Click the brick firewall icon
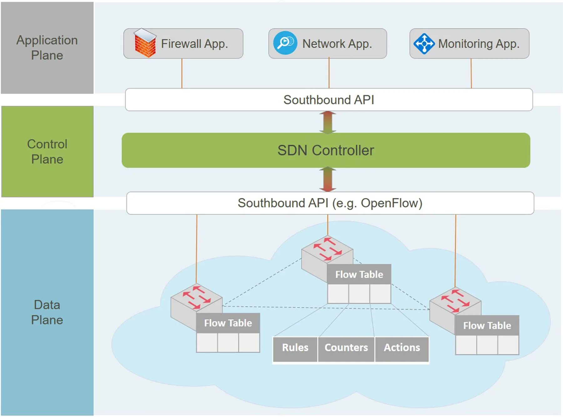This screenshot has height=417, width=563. click(x=145, y=43)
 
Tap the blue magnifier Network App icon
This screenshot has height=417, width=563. click(x=285, y=43)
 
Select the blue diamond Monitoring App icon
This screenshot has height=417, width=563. click(x=424, y=43)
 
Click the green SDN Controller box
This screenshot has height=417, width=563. click(x=326, y=150)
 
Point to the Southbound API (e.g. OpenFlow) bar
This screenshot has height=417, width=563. click(x=330, y=203)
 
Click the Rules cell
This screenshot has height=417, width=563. click(x=295, y=348)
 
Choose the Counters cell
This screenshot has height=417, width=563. click(x=346, y=348)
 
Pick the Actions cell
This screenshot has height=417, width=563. click(x=402, y=348)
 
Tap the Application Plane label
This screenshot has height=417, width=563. click(x=47, y=48)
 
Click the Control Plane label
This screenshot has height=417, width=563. click(x=47, y=152)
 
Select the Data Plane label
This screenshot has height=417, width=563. click(x=47, y=312)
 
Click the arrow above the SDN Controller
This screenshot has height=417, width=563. click(x=327, y=122)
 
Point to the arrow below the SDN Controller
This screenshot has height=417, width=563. click(x=327, y=180)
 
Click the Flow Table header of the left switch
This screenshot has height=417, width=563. click(x=228, y=323)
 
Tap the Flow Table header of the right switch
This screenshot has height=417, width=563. click(x=487, y=326)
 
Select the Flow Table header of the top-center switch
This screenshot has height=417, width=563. click(x=359, y=275)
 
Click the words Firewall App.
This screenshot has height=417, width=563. click(x=194, y=44)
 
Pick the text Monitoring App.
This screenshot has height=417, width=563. click(x=479, y=44)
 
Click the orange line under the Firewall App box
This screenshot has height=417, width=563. click(x=182, y=74)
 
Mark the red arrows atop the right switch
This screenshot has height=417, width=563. click(x=455, y=301)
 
